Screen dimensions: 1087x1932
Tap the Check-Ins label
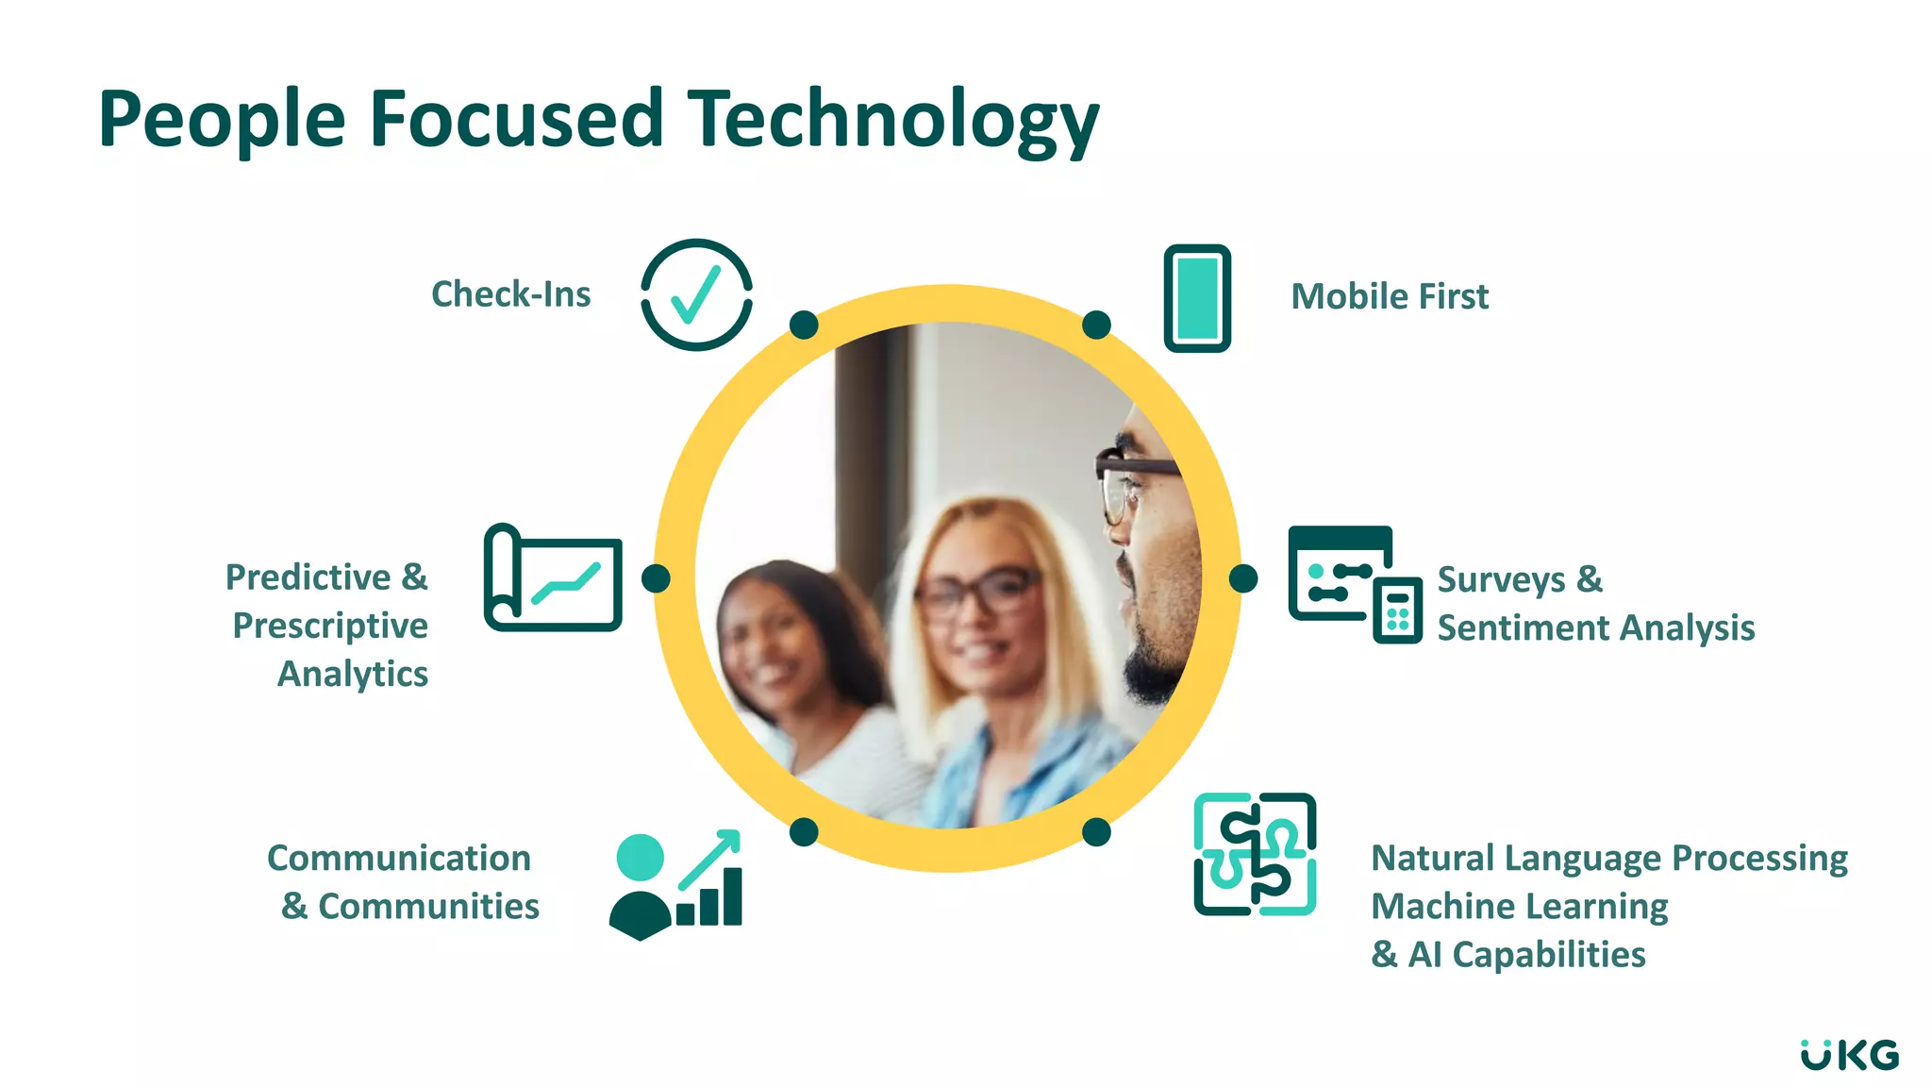pos(510,294)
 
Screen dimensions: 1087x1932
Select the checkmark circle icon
pos(696,295)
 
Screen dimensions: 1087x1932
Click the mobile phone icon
pos(1197,298)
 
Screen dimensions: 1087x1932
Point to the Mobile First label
pos(1390,296)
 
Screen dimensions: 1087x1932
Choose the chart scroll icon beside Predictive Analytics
pos(553,577)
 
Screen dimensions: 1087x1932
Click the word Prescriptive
pos(330,626)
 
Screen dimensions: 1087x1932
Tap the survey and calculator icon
pos(1355,585)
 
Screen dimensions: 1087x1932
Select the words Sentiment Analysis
pos(1595,627)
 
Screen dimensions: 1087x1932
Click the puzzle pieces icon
pos(1255,854)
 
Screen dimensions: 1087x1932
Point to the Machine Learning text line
pos(1519,906)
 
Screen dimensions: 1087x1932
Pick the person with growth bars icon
pos(675,885)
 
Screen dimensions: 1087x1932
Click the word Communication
pos(399,858)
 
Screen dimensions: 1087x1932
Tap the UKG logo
pos(1849,1055)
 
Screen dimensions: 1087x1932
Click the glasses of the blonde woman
pos(976,593)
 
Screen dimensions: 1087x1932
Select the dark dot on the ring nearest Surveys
pos(1243,578)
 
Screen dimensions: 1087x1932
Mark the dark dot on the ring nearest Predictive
pos(656,578)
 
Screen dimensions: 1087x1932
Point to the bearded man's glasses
pos(1132,472)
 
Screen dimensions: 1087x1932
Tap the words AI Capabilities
pos(1526,955)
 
